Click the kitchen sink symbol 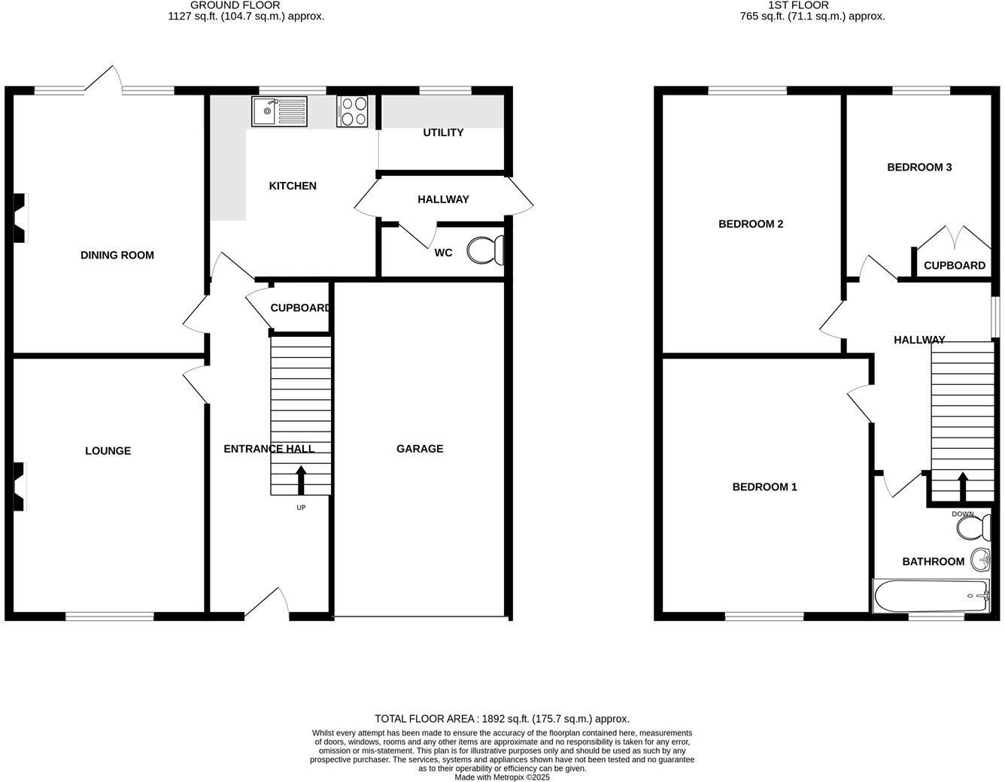pos(279,111)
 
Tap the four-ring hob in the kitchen pos(353,111)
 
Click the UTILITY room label pos(443,132)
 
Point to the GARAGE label pos(420,449)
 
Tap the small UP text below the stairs pos(301,508)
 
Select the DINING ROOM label pos(117,255)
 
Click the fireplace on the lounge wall pos(19,486)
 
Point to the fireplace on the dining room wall pos(19,218)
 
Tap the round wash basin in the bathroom pos(980,559)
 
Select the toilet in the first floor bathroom pos(973,527)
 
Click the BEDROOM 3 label pos(919,167)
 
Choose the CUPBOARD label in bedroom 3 pos(954,265)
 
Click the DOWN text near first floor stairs pos(963,514)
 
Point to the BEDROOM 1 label pos(764,486)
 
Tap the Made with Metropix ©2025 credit pos(502,777)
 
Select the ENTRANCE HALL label pos(269,449)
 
